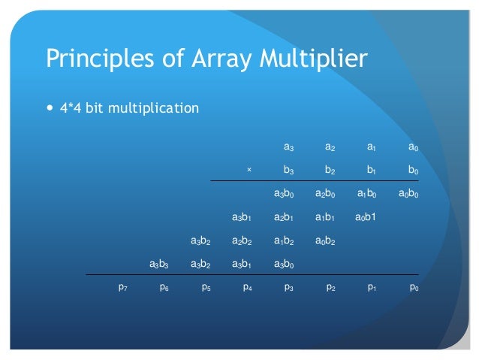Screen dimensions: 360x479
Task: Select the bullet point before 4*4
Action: [x=50, y=107]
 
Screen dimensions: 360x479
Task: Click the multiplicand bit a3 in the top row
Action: [x=288, y=147]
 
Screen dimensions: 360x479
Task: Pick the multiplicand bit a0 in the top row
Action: [x=413, y=147]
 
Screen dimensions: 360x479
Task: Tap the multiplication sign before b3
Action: [x=249, y=170]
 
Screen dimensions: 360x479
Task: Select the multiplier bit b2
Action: [x=330, y=170]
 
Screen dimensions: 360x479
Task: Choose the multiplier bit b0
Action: [x=413, y=170]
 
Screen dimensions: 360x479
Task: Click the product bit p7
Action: [x=122, y=287]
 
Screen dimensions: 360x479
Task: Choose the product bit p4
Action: [x=247, y=287]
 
